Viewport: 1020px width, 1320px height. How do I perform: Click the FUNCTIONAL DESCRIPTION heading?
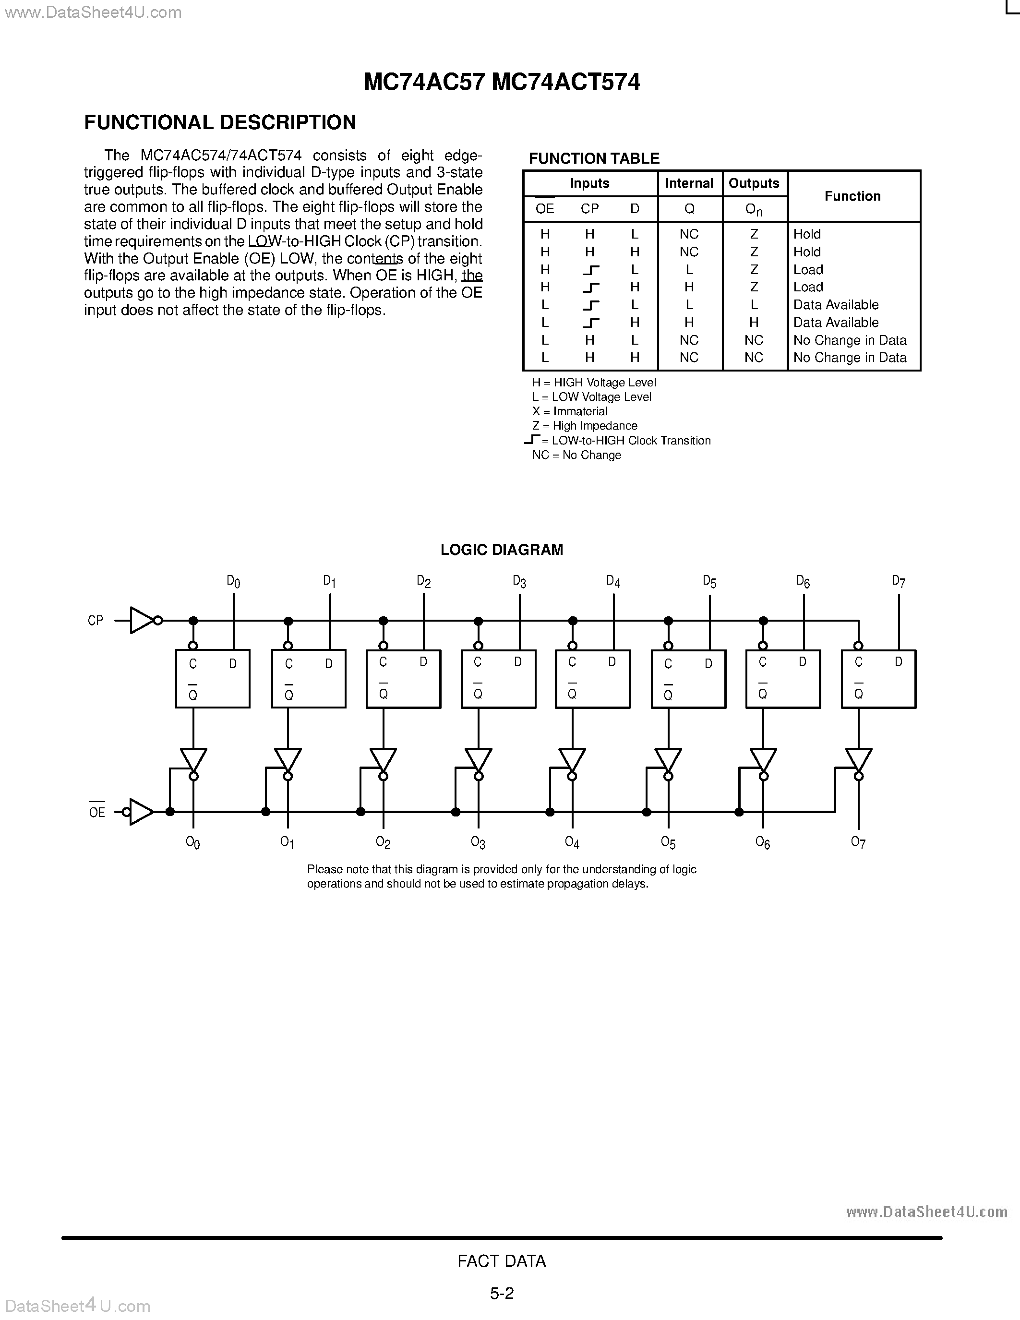[x=220, y=123]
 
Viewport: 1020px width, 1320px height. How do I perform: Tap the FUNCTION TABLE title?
[x=593, y=158]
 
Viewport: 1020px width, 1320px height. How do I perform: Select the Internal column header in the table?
[x=689, y=183]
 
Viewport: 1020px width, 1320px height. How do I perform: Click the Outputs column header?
[x=754, y=183]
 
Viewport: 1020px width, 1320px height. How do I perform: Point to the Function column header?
[x=852, y=196]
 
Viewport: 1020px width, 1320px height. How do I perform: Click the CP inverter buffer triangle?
[x=142, y=620]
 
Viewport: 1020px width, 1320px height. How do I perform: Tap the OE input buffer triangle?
[x=140, y=812]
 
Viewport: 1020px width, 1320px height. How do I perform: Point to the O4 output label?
[x=572, y=842]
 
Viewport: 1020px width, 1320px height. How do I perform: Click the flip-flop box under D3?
[x=498, y=679]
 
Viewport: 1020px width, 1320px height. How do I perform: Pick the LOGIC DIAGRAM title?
[x=502, y=550]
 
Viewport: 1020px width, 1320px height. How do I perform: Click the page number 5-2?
[x=502, y=1294]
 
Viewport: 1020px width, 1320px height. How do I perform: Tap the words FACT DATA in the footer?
[x=502, y=1261]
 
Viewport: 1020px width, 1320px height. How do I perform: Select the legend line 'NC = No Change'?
[x=576, y=455]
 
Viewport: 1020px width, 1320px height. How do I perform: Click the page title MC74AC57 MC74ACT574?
[x=502, y=82]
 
